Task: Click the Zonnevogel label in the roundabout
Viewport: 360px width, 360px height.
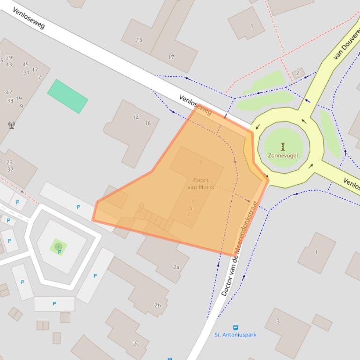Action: [x=283, y=155]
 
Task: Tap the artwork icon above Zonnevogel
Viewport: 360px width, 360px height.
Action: [x=283, y=147]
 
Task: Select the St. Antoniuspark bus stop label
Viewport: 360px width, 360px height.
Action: [x=235, y=335]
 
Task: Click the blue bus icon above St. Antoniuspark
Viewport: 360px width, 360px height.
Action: [x=235, y=328]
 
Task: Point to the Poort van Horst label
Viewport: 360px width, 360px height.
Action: [x=201, y=184]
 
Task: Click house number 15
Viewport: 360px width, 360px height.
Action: [x=139, y=40]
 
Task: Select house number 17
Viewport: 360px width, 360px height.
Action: [x=171, y=57]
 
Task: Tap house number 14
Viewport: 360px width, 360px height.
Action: [x=136, y=118]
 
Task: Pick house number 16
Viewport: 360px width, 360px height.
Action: [x=148, y=123]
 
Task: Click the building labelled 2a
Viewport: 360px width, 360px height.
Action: [x=176, y=267]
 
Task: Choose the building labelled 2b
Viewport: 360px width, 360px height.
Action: [x=157, y=306]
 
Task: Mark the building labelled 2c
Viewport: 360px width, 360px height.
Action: [x=136, y=344]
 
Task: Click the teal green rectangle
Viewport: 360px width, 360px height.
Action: [x=67, y=96]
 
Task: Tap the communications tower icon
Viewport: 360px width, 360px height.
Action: [x=11, y=125]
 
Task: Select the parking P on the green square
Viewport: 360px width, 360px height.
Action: [x=59, y=252]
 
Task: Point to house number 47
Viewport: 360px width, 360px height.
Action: [x=9, y=93]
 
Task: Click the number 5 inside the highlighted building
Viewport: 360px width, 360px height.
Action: [x=191, y=208]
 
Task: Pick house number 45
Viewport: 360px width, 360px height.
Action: [x=25, y=65]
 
